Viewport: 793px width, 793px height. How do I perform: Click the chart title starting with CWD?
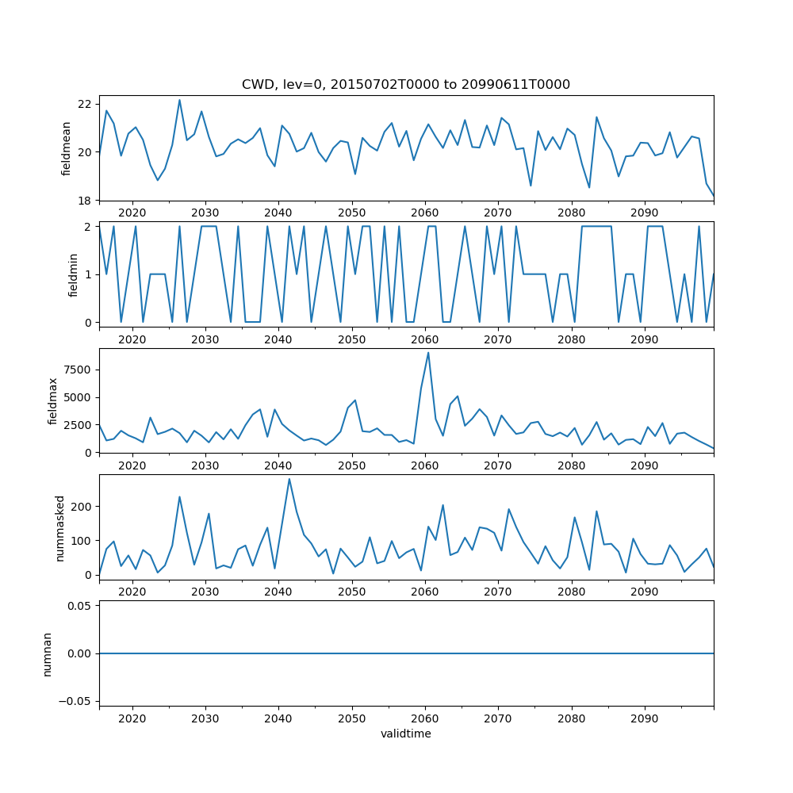click(x=406, y=85)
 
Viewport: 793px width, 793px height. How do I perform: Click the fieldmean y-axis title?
click(x=67, y=148)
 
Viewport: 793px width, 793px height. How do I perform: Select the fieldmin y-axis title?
click(x=73, y=274)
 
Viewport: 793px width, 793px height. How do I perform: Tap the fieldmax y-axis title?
click(x=53, y=400)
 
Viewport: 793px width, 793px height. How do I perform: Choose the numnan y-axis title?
click(x=47, y=653)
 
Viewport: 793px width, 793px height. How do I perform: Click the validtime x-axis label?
click(x=406, y=734)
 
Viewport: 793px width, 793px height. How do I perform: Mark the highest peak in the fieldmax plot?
click(x=428, y=353)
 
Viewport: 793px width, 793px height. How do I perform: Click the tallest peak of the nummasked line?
click(x=289, y=479)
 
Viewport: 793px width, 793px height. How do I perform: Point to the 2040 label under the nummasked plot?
click(x=278, y=592)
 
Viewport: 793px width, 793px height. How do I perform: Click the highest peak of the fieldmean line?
click(x=179, y=100)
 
